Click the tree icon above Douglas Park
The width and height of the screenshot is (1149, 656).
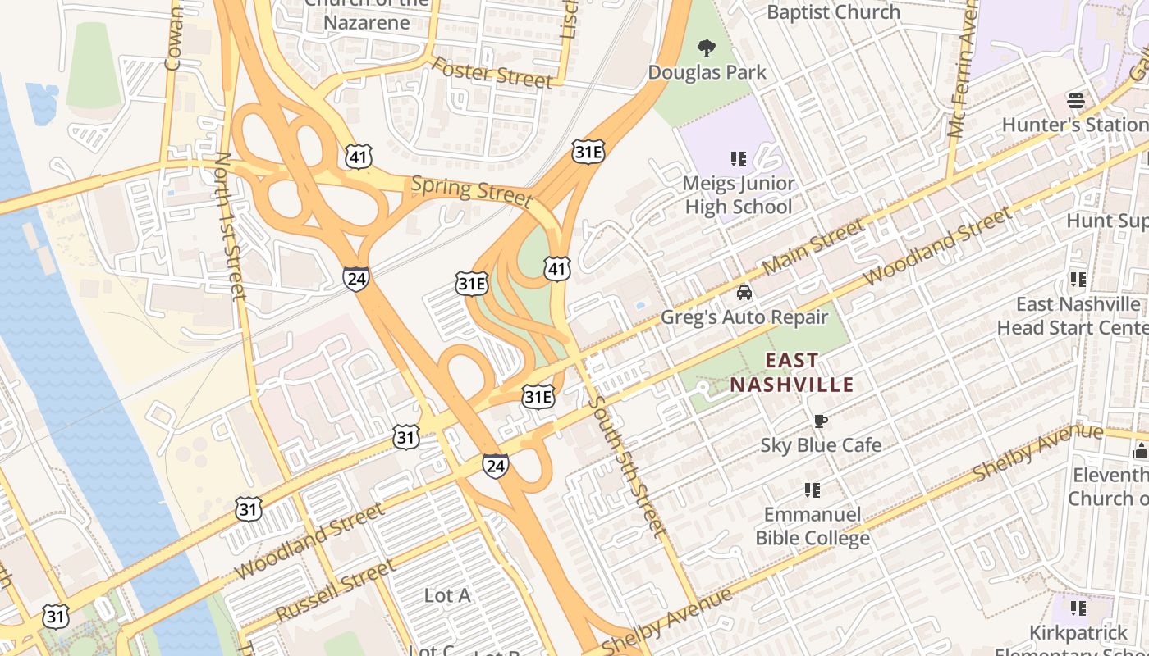pyautogui.click(x=706, y=48)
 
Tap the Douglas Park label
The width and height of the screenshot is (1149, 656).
pyautogui.click(x=707, y=72)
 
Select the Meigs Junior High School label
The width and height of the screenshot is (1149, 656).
pyautogui.click(x=738, y=195)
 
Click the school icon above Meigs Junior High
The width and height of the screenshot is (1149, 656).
pyautogui.click(x=738, y=159)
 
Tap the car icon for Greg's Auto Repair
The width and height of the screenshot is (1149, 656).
pyautogui.click(x=744, y=293)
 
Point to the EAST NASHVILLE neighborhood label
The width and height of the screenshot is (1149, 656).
pyautogui.click(x=792, y=372)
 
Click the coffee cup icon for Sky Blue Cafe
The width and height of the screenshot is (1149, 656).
pyautogui.click(x=820, y=421)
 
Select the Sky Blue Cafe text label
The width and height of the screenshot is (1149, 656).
pyautogui.click(x=820, y=445)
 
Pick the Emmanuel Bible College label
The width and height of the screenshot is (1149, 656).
pyautogui.click(x=812, y=526)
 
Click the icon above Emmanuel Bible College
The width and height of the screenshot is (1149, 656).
pyautogui.click(x=812, y=490)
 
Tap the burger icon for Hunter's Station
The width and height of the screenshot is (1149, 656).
pyautogui.click(x=1076, y=101)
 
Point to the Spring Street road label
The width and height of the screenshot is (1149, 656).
pyautogui.click(x=471, y=189)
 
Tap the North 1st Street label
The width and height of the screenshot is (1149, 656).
pyautogui.click(x=229, y=225)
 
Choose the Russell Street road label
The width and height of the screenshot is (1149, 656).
pyautogui.click(x=336, y=591)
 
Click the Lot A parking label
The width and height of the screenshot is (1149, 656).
pyautogui.click(x=447, y=595)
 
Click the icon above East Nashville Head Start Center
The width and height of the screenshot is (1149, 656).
pyautogui.click(x=1078, y=280)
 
